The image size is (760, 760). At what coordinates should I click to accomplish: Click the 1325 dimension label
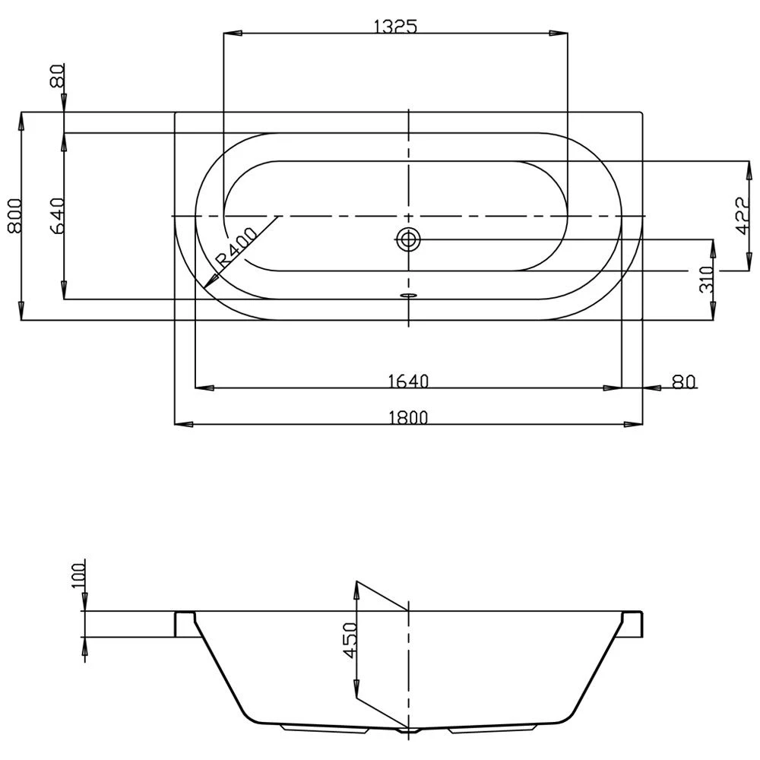396,27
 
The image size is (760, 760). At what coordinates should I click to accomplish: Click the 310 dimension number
708,280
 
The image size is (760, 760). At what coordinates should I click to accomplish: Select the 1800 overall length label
409,416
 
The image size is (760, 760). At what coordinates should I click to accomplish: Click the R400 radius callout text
236,248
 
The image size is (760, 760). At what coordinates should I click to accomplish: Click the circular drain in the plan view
408,239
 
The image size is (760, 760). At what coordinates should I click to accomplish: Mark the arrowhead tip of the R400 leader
204,289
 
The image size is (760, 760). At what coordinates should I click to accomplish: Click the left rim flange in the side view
185,623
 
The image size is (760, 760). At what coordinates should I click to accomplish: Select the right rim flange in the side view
635,623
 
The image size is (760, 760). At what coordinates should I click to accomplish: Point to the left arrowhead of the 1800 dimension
177,424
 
